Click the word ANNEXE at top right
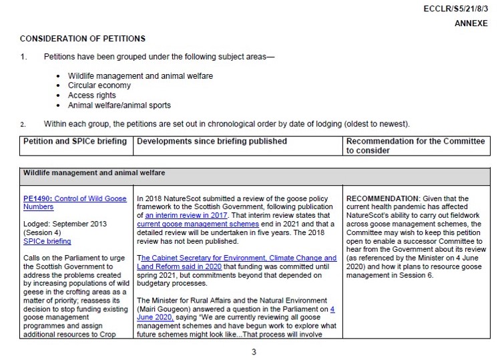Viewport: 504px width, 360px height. point(472,23)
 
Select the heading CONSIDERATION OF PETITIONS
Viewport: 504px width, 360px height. point(83,39)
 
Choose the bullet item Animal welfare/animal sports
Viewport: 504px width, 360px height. point(119,106)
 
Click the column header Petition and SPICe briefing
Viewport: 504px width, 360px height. point(75,142)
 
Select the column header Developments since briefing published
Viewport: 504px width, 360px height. point(212,142)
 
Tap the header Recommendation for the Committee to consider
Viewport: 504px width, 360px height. point(415,146)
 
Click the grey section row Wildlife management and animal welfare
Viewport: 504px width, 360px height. point(94,173)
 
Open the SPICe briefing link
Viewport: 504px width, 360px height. point(47,241)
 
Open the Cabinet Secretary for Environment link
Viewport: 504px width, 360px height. point(236,258)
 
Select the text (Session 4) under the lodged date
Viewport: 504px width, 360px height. point(43,233)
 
